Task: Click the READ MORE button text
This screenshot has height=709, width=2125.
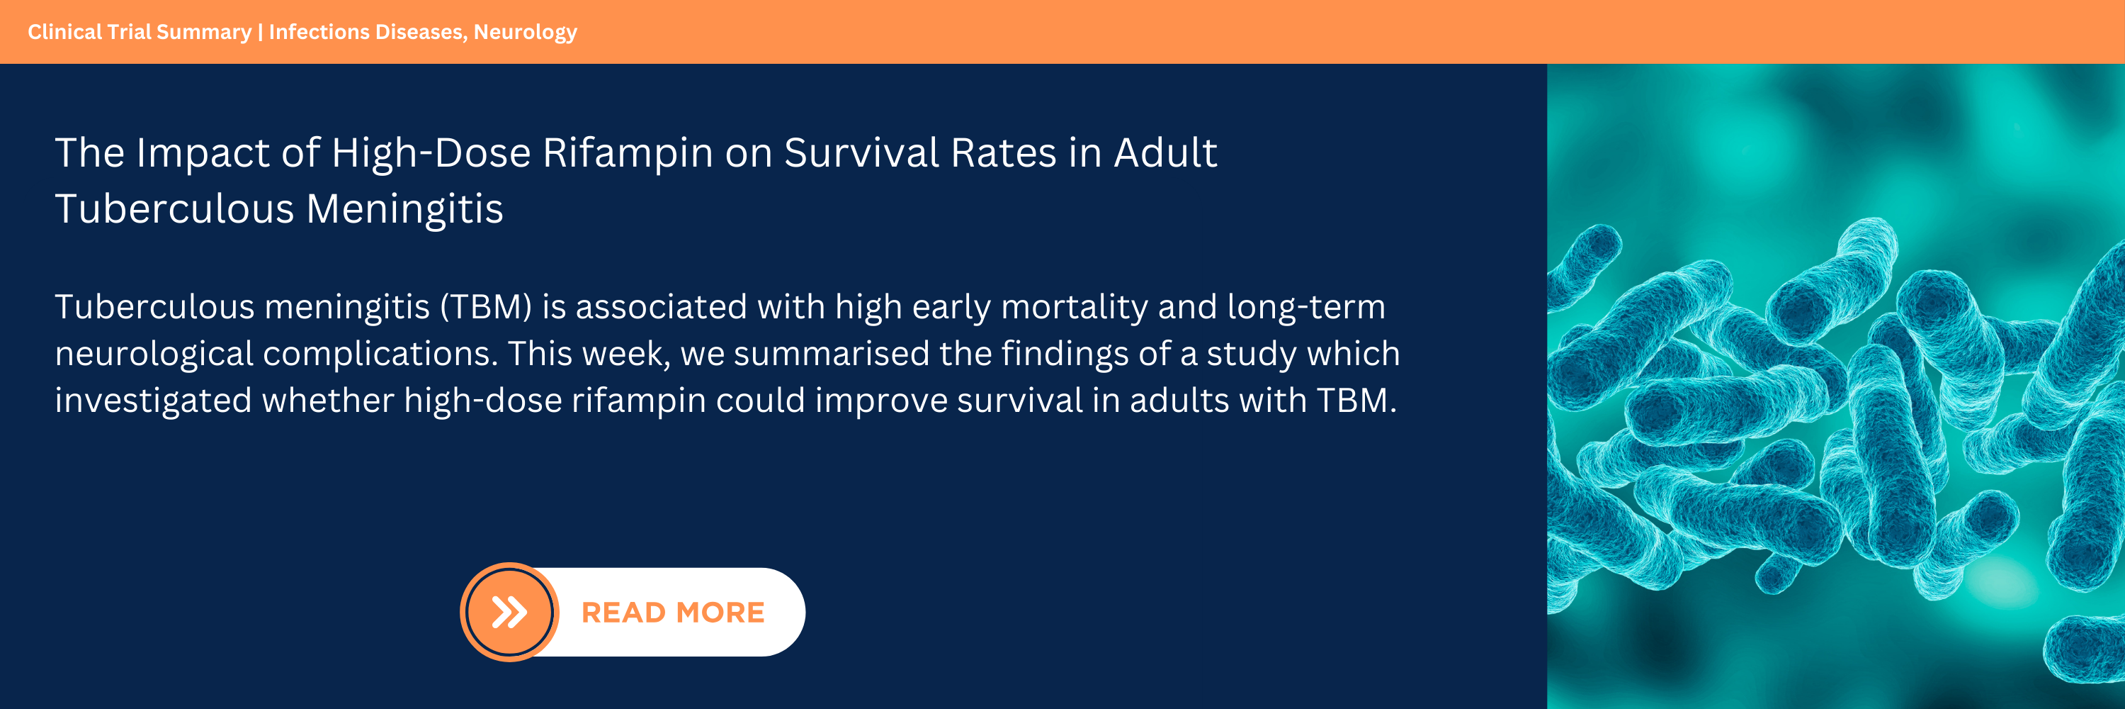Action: [x=673, y=613]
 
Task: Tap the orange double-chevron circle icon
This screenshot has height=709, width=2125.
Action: [x=509, y=612]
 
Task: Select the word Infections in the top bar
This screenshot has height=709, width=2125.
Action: [x=319, y=31]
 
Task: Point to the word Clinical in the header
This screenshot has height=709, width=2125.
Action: [x=64, y=31]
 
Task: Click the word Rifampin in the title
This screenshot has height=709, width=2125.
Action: [x=628, y=155]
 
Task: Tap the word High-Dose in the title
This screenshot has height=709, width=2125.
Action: [x=431, y=155]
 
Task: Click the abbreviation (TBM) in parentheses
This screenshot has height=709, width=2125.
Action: [x=486, y=307]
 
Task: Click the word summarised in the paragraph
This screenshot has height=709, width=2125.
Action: [x=832, y=354]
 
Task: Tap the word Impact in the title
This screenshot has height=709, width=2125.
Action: [x=203, y=155]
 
